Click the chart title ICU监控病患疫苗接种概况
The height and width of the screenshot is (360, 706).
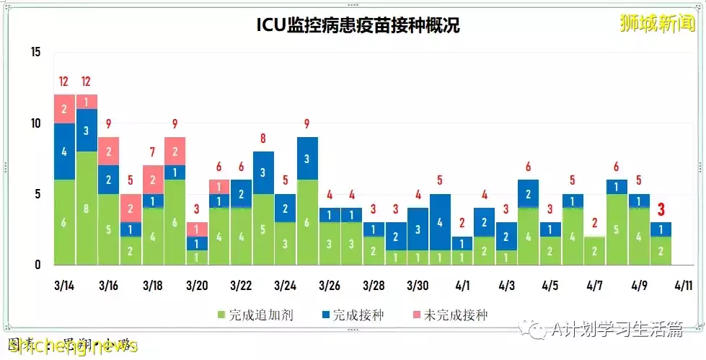coord(358,25)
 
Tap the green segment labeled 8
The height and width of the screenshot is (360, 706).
coord(87,208)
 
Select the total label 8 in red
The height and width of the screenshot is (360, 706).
coord(263,138)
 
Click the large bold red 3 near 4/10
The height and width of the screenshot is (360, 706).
coord(661,210)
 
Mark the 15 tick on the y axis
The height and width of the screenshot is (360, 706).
coord(36,52)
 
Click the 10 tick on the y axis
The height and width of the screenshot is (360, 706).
coord(36,123)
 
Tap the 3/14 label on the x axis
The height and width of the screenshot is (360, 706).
coord(64,286)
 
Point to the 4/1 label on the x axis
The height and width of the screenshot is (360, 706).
coord(462,286)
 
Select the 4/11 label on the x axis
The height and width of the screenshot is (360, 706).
coord(683,286)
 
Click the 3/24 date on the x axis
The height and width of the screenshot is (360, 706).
coord(286,286)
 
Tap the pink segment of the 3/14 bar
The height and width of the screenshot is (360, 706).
coord(64,109)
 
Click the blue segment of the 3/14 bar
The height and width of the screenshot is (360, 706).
coord(64,152)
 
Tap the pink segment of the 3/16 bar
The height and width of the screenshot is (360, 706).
coord(108,152)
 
